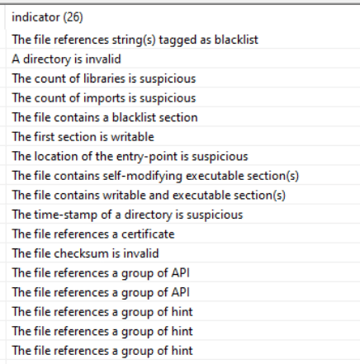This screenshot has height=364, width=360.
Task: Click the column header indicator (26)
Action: tap(47, 17)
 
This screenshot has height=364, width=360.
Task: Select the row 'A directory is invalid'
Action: tap(66, 59)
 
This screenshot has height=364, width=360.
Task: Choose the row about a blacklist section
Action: tap(105, 117)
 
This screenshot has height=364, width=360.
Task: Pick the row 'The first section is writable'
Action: tap(83, 137)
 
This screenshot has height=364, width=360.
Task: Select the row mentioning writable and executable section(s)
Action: tap(149, 196)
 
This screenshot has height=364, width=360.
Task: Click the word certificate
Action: tap(148, 234)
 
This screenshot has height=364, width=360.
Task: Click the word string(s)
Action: tap(134, 40)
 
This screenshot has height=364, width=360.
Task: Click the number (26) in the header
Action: tap(73, 17)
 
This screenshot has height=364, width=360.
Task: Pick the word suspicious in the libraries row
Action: tap(168, 78)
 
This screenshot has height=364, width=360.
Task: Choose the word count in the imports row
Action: tap(50, 98)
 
